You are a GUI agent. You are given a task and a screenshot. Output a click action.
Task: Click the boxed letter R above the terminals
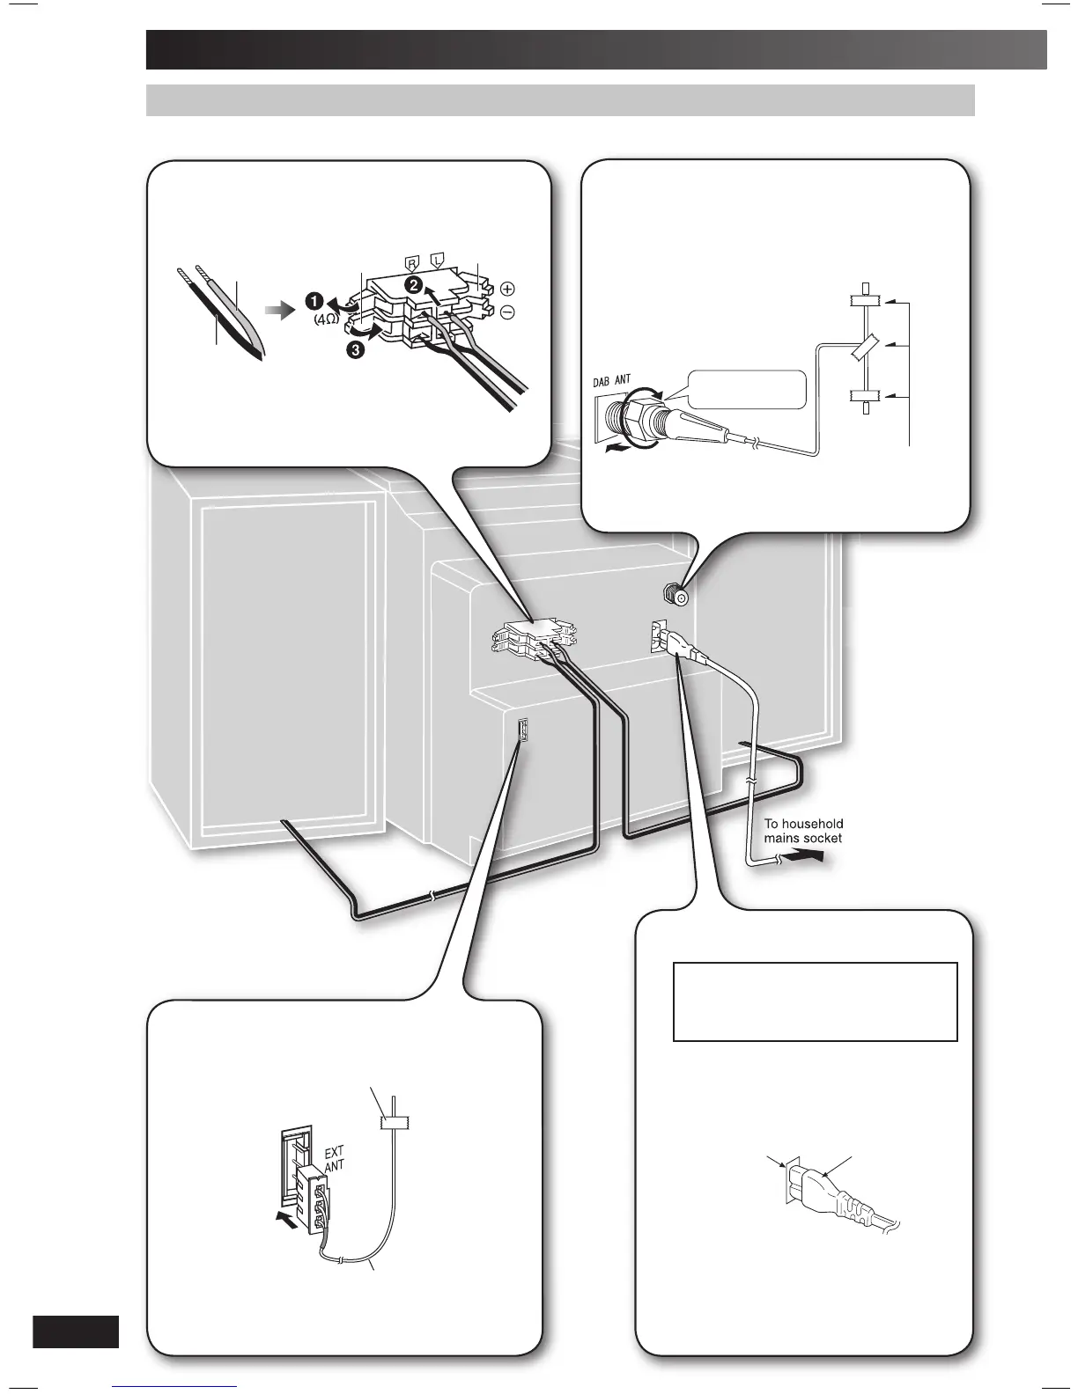click(410, 262)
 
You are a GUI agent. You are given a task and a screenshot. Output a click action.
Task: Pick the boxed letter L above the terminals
click(436, 262)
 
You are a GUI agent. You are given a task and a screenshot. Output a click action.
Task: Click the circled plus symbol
click(508, 289)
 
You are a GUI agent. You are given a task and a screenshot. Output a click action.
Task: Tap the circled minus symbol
click(508, 312)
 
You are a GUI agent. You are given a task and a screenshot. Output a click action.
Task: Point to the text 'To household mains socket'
click(802, 831)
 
